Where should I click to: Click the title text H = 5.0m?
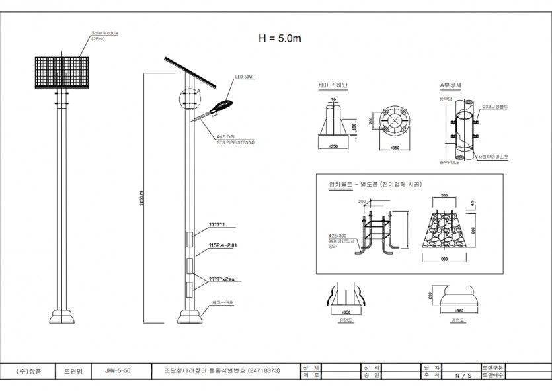[280, 38]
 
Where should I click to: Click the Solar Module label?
[105, 32]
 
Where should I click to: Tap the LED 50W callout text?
[244, 77]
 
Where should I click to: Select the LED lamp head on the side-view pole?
[221, 105]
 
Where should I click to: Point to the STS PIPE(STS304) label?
[235, 142]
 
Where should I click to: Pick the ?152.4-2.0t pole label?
[223, 245]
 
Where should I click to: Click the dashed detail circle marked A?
[188, 99]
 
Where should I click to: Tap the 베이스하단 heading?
[333, 86]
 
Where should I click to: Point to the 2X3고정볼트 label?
[495, 106]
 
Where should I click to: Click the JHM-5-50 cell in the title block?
[118, 371]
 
